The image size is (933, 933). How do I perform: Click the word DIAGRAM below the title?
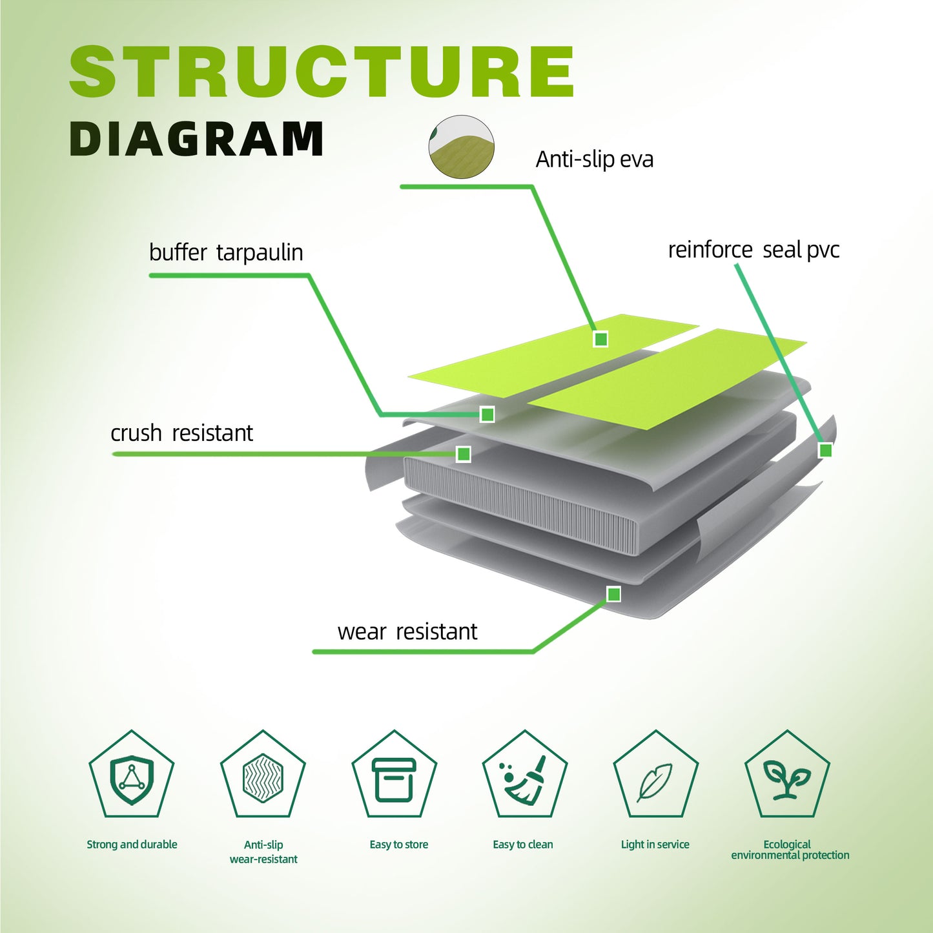[196, 139]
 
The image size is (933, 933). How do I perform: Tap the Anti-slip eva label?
[594, 159]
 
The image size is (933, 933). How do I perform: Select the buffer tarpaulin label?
[226, 252]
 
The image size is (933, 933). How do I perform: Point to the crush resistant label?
[181, 433]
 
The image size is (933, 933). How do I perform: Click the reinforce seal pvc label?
[754, 250]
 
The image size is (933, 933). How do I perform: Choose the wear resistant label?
[407, 631]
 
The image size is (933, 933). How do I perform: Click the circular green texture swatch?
[462, 147]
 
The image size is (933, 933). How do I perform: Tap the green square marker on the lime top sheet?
[600, 338]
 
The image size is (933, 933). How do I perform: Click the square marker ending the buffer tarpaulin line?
[487, 414]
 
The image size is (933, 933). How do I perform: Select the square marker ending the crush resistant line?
[463, 454]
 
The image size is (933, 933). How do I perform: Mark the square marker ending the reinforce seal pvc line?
[825, 450]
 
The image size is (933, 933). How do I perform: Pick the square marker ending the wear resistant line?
[613, 593]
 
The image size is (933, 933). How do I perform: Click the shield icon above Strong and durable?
[132, 779]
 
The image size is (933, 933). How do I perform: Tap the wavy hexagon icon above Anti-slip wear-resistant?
[263, 778]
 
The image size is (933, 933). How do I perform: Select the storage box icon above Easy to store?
[394, 779]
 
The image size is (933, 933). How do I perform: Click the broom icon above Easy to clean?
[525, 779]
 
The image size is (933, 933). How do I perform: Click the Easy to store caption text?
[398, 845]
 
